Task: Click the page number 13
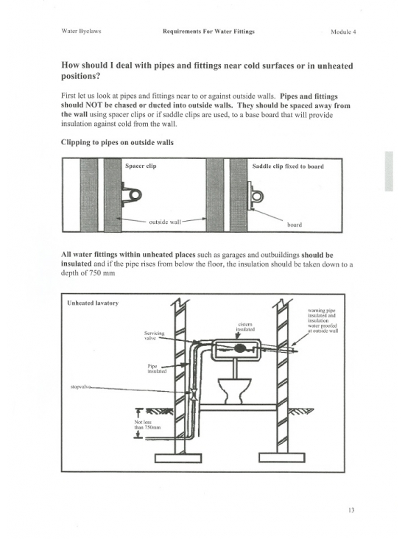(351, 510)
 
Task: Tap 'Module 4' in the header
(343, 32)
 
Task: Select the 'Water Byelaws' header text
(81, 31)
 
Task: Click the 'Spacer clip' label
(141, 166)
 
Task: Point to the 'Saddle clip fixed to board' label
(288, 166)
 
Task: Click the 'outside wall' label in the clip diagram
(165, 222)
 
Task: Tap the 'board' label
(295, 225)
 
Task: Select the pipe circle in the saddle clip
(258, 197)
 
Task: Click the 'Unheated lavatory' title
(93, 303)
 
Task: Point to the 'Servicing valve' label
(155, 336)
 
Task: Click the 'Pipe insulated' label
(157, 369)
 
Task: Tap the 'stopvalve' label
(80, 387)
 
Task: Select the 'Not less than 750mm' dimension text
(147, 425)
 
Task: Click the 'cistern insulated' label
(245, 326)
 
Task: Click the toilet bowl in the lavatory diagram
(234, 390)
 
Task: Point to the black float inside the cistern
(240, 348)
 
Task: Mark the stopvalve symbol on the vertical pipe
(194, 393)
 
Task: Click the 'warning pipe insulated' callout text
(323, 321)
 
